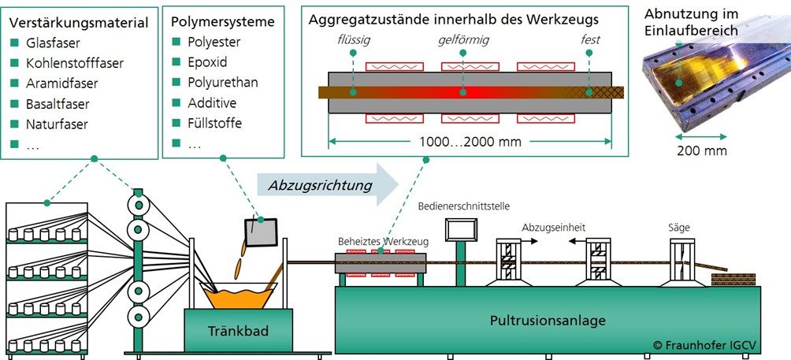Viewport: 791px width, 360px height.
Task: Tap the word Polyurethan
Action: point(223,83)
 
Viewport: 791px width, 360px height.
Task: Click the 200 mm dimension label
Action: point(702,150)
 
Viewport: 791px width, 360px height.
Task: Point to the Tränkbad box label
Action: point(239,331)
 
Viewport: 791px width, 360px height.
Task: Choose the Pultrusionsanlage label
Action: point(548,321)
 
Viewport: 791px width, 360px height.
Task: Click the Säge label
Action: point(678,228)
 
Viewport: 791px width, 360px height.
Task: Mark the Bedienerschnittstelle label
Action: point(463,206)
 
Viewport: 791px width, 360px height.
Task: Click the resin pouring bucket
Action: point(261,232)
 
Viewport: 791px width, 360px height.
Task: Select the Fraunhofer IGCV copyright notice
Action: point(708,344)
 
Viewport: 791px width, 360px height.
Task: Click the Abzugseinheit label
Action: point(553,227)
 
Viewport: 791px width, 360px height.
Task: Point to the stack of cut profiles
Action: point(733,280)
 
